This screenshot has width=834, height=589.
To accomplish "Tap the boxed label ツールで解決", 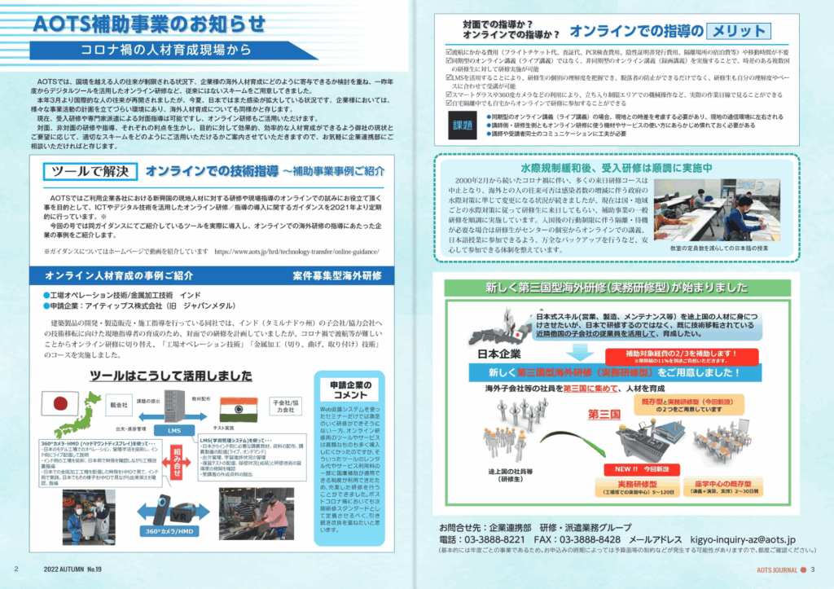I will click(89, 172).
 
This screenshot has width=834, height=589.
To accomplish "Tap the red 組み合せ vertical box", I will click(176, 464).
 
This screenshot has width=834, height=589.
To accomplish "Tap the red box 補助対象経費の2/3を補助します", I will click(679, 355).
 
